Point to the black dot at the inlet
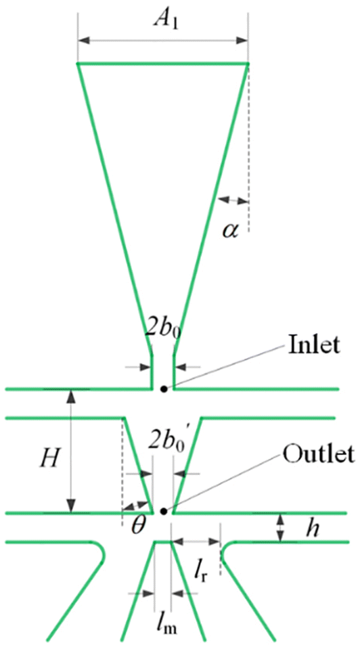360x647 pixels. [162, 389]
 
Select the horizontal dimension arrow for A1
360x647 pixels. [162, 41]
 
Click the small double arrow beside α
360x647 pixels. [233, 200]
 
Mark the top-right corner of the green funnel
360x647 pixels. [248, 64]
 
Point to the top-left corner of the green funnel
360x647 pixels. [78, 64]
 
